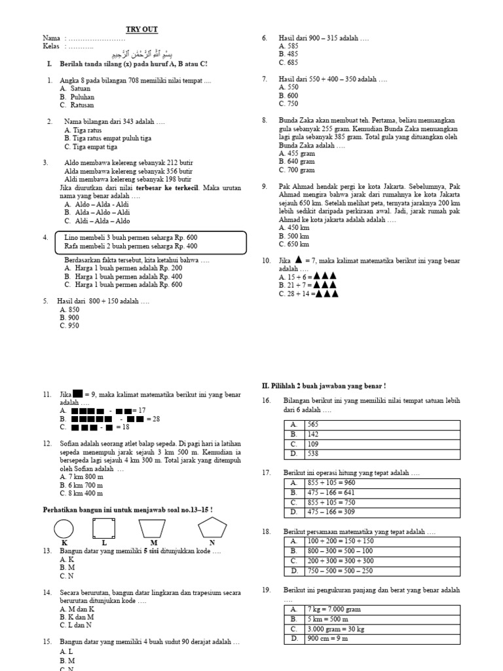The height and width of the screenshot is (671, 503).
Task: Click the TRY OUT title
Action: [142, 29]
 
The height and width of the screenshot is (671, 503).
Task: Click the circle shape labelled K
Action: [64, 528]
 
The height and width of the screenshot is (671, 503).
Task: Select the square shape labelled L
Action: [103, 528]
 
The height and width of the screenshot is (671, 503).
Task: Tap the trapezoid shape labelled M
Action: [153, 529]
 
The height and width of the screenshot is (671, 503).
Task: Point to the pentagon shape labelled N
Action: [212, 528]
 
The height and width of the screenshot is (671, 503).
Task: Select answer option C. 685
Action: [288, 63]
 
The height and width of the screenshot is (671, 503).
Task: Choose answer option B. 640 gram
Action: [297, 161]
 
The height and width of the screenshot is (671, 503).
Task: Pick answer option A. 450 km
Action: [293, 228]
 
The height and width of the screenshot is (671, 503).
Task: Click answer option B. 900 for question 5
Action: [69, 318]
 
